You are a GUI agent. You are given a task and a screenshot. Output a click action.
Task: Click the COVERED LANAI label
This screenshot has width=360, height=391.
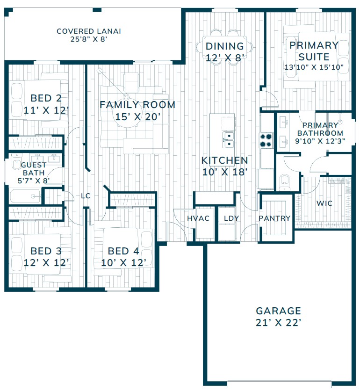[x=89, y=31]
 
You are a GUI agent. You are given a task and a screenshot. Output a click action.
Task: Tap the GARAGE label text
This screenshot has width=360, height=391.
[x=278, y=311]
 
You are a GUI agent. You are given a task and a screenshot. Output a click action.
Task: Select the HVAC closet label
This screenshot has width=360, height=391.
[x=198, y=218]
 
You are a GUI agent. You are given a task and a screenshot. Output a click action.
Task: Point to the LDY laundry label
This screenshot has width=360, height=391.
[x=231, y=218]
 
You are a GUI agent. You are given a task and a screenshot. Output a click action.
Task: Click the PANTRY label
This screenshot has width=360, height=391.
[x=274, y=218]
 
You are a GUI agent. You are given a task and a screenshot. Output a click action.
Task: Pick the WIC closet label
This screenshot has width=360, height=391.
[x=324, y=203]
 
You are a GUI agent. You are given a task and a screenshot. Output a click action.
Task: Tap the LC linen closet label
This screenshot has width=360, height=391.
[x=86, y=196]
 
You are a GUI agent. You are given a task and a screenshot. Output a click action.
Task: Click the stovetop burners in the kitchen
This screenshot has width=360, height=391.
[x=266, y=140]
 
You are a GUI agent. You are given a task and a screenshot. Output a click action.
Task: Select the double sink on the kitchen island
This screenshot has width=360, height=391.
[x=228, y=140]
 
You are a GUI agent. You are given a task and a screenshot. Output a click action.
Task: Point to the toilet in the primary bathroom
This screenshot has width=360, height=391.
[x=285, y=182]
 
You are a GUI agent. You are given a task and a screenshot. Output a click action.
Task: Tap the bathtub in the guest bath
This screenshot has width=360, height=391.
[x=25, y=196]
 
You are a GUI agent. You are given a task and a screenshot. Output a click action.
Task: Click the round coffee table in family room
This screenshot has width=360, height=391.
[x=126, y=115]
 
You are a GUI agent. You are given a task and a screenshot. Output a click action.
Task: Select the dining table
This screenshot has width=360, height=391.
[x=224, y=47]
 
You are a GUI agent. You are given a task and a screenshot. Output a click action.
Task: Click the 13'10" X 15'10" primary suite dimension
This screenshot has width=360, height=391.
[x=314, y=67]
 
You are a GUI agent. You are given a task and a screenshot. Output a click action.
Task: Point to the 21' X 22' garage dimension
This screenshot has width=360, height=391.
[x=278, y=323]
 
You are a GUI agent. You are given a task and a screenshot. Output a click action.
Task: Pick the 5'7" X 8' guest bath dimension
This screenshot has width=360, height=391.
[x=33, y=180]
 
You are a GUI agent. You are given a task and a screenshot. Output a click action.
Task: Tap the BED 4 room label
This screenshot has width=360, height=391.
[x=123, y=251]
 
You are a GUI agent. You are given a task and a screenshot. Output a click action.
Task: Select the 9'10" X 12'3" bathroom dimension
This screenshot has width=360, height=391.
[x=320, y=141]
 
